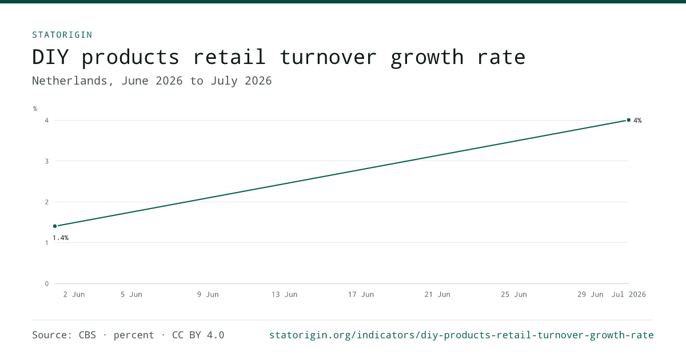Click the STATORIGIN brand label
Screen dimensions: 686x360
(62, 35)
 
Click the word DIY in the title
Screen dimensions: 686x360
(50, 57)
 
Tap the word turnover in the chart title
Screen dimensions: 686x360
(328, 57)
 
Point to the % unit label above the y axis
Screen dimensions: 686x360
(35, 109)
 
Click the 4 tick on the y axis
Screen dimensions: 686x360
(46, 121)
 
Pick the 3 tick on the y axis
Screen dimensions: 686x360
(46, 161)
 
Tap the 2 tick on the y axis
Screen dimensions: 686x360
(46, 202)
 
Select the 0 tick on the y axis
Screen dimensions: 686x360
(46, 284)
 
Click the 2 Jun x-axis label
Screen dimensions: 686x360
(74, 294)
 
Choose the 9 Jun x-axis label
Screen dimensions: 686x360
(208, 294)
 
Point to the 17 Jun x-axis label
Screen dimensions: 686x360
(361, 294)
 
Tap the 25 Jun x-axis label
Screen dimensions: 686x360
(514, 294)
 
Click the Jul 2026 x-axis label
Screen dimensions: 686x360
(629, 294)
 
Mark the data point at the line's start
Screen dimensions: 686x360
(55, 226)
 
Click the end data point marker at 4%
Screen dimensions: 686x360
(629, 120)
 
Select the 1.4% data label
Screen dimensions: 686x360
(61, 238)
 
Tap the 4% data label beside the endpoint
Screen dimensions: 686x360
(637, 121)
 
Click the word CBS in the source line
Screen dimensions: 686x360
(87, 335)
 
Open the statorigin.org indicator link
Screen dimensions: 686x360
(461, 335)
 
